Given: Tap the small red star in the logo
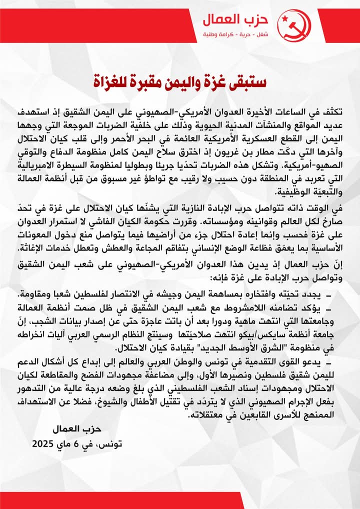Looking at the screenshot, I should click(x=286, y=20).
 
